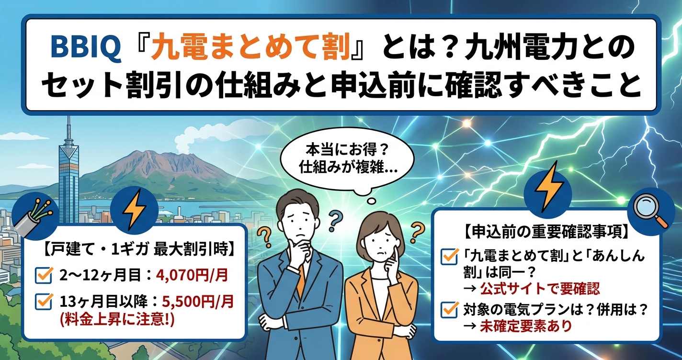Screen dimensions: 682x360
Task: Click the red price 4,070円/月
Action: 192,275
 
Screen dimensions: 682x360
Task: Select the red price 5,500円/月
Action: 198,302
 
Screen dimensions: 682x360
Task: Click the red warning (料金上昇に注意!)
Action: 117,320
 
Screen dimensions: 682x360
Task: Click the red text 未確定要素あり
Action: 525,326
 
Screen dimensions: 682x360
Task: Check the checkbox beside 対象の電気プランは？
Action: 450,309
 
